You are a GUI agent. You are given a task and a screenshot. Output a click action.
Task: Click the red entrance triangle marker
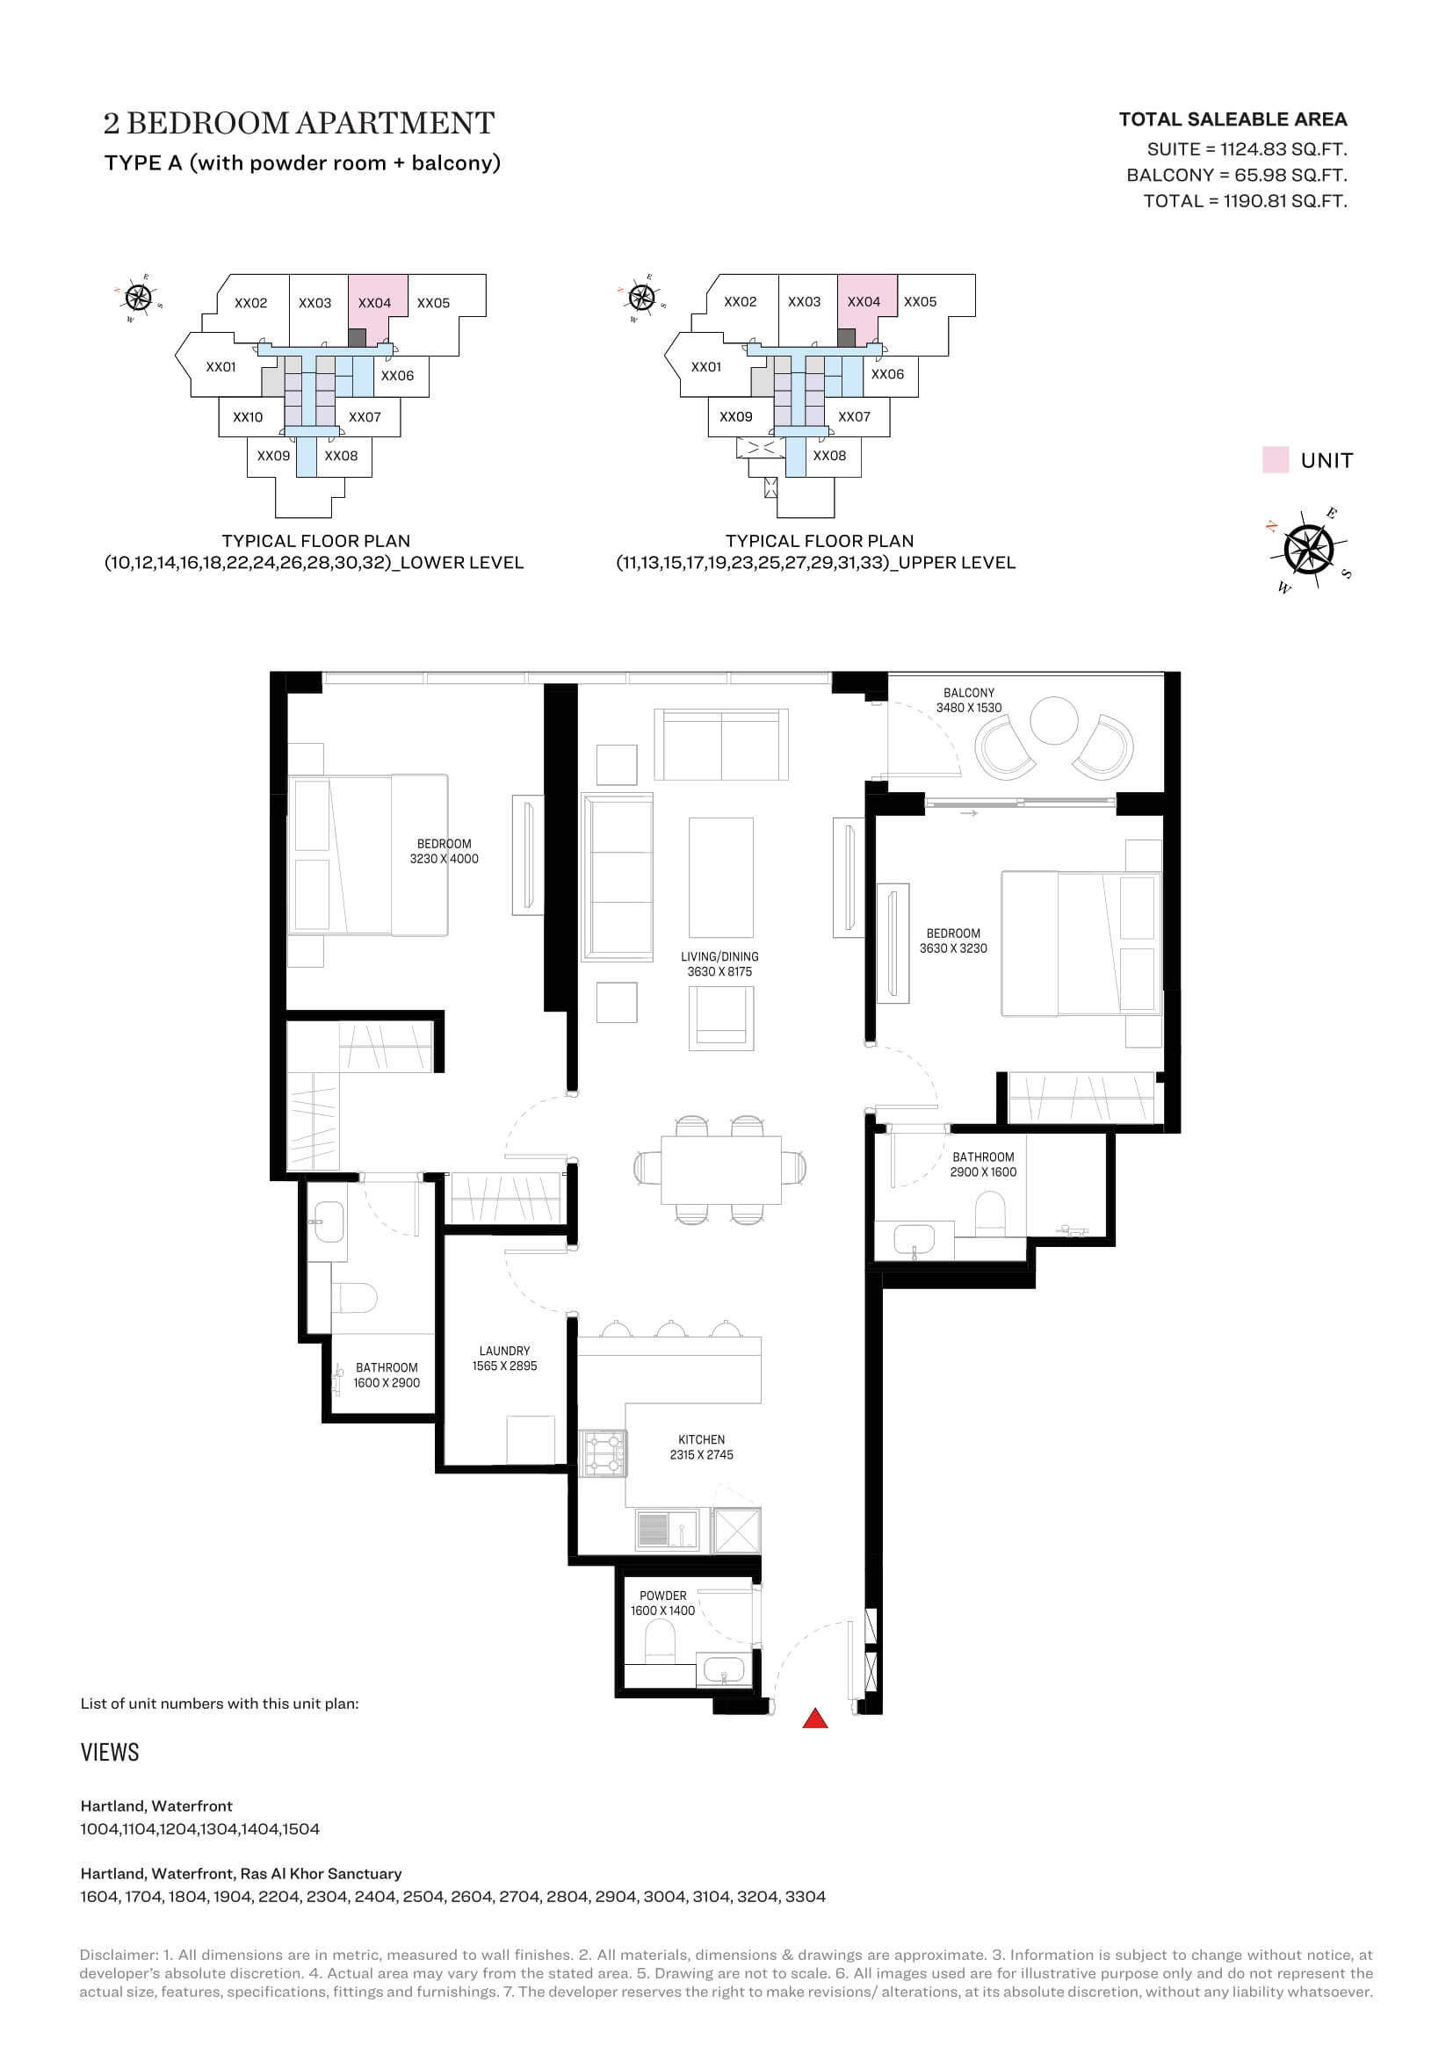point(814,1718)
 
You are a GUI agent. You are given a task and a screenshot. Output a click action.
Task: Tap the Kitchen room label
point(701,1446)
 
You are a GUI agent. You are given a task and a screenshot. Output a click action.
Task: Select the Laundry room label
point(504,1358)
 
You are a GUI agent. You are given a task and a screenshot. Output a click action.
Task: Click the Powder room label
point(663,1604)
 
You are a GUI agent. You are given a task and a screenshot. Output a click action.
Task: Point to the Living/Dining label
point(719,963)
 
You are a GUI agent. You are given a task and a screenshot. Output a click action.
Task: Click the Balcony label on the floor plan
point(969,700)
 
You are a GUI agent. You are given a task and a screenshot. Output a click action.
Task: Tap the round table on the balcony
point(1054,720)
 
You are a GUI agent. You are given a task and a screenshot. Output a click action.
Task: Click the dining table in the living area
point(721,1169)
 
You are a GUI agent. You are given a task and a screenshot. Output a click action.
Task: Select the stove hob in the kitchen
point(603,1452)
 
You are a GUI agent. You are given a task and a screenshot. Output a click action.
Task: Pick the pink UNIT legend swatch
point(1275,460)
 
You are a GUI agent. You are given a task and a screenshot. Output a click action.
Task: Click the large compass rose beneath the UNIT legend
point(1308,548)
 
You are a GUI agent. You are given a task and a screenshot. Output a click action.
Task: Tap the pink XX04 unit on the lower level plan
point(376,309)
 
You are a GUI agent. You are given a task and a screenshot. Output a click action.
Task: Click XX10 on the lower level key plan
point(248,417)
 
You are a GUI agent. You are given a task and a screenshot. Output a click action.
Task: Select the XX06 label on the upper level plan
point(887,374)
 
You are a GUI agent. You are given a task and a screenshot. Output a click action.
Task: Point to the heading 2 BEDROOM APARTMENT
point(299,123)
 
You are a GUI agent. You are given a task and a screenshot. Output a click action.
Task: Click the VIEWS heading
point(110,1752)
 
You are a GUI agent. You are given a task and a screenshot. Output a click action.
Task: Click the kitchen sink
point(668,1529)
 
